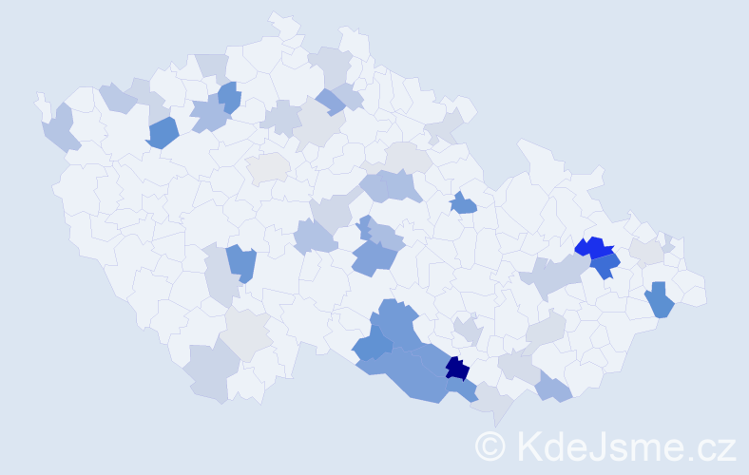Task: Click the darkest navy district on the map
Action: click(x=457, y=369)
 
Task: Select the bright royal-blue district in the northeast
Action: click(x=592, y=249)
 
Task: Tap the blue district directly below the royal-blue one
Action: click(x=605, y=267)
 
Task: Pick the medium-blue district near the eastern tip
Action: click(x=659, y=300)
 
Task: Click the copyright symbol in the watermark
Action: click(x=490, y=445)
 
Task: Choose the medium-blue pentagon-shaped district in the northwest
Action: click(x=163, y=133)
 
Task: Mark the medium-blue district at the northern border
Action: click(x=229, y=97)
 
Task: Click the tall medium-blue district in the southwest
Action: click(x=241, y=263)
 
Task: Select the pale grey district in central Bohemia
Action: click(x=268, y=167)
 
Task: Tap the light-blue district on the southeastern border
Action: click(x=553, y=387)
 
